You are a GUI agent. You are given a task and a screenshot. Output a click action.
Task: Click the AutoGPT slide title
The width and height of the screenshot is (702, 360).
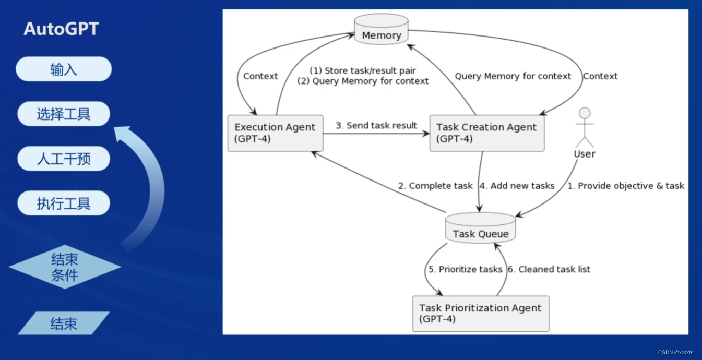click(62, 29)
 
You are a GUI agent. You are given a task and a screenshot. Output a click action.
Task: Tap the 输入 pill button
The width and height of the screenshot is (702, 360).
click(64, 69)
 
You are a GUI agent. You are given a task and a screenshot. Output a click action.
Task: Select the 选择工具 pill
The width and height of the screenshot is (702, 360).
click(64, 114)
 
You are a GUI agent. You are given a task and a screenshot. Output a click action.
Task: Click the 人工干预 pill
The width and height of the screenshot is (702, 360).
click(64, 159)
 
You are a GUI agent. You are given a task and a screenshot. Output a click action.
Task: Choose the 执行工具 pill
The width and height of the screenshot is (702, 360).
click(64, 203)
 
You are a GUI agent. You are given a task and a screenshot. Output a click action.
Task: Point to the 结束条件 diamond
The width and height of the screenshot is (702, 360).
click(65, 267)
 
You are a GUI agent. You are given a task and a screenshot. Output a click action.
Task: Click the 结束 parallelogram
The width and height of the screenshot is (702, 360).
click(64, 323)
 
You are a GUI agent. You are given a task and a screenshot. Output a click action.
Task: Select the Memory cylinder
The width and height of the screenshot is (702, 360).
click(381, 29)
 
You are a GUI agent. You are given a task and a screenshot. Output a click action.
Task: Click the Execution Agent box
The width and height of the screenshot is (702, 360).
click(276, 133)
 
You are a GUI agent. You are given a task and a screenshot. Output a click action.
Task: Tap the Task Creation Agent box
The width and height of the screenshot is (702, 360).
click(487, 133)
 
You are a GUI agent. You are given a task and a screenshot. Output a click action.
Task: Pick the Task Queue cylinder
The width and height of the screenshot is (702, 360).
click(480, 228)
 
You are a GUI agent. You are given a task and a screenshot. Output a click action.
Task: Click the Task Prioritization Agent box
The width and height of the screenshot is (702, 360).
click(481, 314)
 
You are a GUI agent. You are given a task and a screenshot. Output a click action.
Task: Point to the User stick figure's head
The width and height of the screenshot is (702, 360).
click(585, 113)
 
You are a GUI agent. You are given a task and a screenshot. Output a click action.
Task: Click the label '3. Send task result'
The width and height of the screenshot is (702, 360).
click(376, 125)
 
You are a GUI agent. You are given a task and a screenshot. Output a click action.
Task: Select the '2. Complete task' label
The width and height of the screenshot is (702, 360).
click(435, 186)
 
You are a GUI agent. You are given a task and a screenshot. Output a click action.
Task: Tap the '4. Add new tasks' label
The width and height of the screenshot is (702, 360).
click(517, 186)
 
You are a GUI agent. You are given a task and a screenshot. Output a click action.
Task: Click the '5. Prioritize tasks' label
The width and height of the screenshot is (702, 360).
click(466, 269)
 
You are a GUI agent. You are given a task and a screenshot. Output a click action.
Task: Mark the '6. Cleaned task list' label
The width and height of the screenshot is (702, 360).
click(549, 269)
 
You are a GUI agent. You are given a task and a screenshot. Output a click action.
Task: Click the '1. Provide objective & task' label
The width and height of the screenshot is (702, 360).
click(626, 186)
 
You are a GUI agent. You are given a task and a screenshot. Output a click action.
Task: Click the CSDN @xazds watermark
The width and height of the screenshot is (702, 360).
click(675, 353)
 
